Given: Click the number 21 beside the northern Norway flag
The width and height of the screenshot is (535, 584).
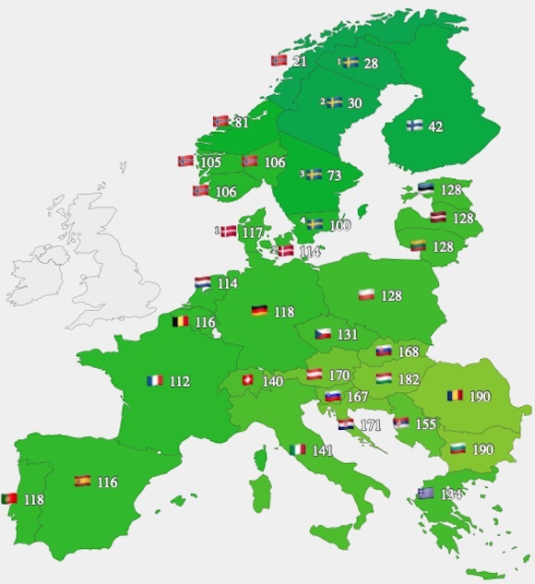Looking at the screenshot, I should pos(300,62).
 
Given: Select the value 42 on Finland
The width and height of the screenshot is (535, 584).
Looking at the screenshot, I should pos(434,127).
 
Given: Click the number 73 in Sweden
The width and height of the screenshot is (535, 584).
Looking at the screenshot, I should pos(335,175).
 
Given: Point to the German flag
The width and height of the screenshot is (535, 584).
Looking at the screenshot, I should pos(259,311).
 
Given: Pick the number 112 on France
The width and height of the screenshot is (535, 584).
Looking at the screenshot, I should pos(179,381).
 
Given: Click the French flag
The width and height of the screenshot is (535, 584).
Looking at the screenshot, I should pos(154,380).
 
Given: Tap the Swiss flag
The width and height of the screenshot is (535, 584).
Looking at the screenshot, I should pos(248,380).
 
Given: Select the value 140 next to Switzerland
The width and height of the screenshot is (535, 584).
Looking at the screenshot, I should pos(272,381).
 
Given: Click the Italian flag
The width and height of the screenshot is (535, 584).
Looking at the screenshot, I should pos(297,449).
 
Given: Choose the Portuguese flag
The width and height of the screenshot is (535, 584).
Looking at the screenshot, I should pos(9,499).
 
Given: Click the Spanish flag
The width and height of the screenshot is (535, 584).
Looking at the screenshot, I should pos(82,481).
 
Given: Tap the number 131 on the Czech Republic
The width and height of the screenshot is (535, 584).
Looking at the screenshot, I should pos(348,334).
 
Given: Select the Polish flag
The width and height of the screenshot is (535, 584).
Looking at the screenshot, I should pos(366,295).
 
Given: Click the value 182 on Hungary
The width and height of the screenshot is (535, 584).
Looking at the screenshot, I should pos(408,379).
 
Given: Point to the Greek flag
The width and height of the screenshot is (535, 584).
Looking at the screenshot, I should pos(425,494).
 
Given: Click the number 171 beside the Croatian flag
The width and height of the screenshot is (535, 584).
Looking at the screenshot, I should pos(371,425).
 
